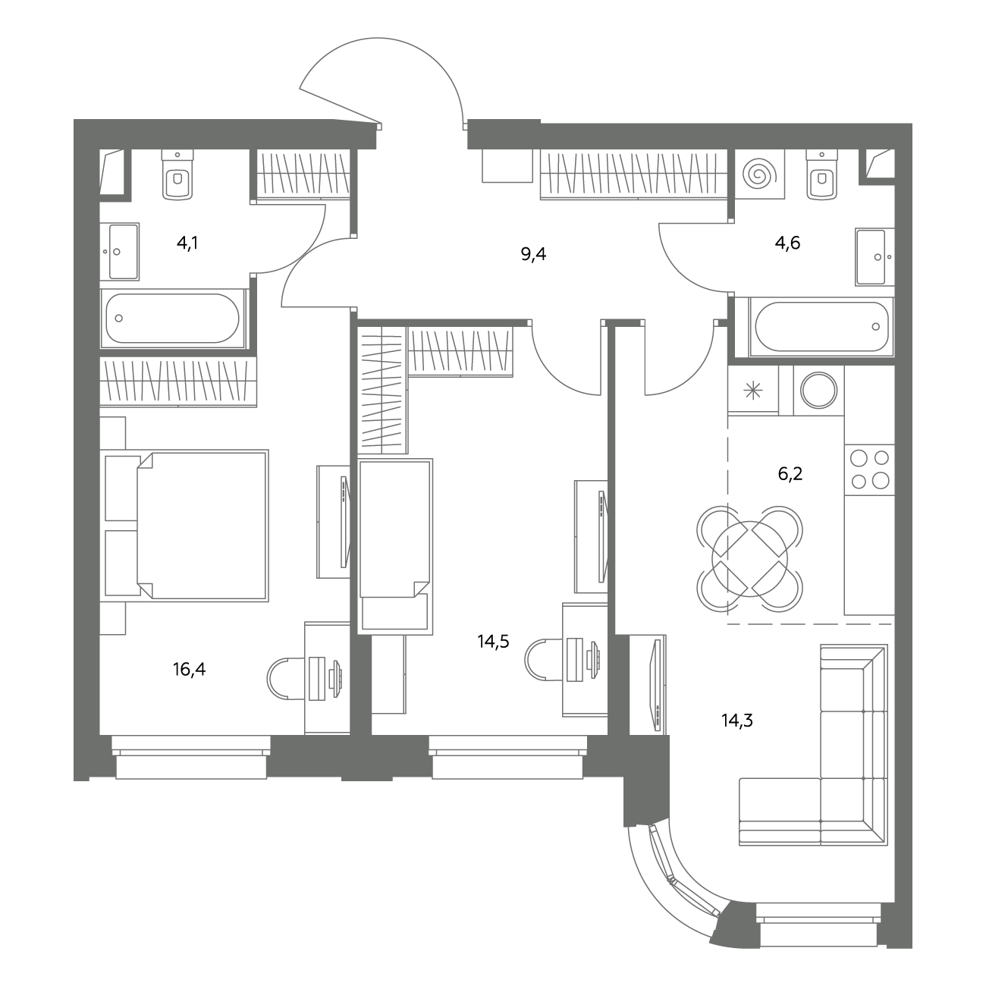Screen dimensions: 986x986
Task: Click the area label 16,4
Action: click(x=190, y=669)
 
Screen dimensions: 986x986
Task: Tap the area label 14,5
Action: click(x=493, y=641)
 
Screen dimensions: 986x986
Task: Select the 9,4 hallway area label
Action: click(x=533, y=254)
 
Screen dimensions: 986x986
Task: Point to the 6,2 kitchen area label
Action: click(x=790, y=474)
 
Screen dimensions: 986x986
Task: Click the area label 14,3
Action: click(x=737, y=721)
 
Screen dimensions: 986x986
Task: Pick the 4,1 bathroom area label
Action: click(x=187, y=243)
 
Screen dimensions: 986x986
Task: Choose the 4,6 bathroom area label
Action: click(x=787, y=243)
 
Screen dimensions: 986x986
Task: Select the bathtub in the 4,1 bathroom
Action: click(x=172, y=319)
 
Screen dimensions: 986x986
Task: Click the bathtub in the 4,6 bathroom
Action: click(x=821, y=326)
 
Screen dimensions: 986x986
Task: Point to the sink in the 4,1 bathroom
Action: click(x=120, y=252)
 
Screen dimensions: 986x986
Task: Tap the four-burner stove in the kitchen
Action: click(x=869, y=469)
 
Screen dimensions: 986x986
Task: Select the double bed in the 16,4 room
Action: click(x=184, y=526)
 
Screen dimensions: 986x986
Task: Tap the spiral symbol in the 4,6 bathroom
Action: click(x=759, y=174)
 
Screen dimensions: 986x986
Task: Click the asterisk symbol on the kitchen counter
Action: click(x=752, y=391)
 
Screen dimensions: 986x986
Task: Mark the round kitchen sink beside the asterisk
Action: click(x=818, y=391)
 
